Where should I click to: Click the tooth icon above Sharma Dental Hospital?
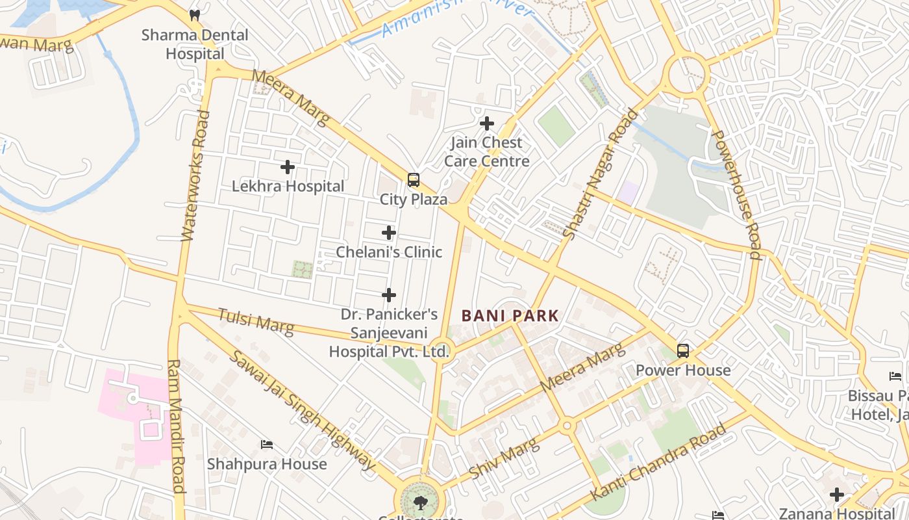click(194, 14)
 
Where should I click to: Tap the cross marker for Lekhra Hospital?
click(288, 167)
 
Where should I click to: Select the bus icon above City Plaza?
click(414, 180)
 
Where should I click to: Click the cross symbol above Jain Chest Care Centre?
click(486, 123)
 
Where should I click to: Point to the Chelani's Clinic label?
click(388, 252)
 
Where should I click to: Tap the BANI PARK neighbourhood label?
click(510, 316)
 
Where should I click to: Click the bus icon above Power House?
click(683, 351)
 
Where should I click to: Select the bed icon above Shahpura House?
click(266, 445)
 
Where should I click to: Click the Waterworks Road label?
click(196, 175)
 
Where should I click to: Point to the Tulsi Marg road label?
click(255, 321)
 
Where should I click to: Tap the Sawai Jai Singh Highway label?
click(303, 411)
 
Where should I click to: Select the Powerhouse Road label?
click(736, 194)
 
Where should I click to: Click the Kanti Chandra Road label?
click(658, 462)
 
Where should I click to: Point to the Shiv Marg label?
click(504, 459)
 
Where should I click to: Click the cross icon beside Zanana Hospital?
click(837, 495)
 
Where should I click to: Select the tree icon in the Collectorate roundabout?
click(420, 502)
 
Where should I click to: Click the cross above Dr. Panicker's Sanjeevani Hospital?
click(388, 295)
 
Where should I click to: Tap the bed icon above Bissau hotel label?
click(895, 376)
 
